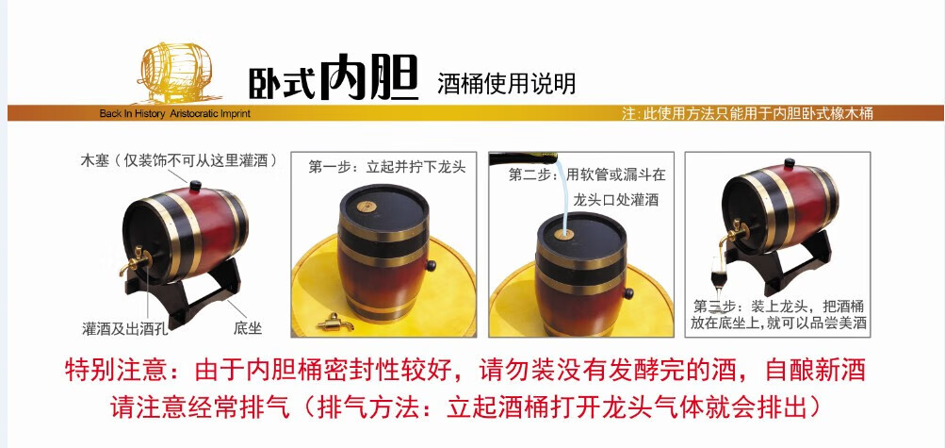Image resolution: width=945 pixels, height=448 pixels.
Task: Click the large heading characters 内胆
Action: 368,77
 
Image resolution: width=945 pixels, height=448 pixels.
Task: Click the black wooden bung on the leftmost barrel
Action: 195,186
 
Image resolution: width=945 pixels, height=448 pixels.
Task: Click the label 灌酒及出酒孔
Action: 124,328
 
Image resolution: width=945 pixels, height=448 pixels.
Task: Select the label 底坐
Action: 248,328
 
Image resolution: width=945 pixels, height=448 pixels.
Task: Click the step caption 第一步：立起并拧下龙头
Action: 387,167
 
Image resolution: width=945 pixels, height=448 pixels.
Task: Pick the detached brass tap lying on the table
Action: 334,323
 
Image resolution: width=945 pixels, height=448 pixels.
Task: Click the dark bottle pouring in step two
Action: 523,159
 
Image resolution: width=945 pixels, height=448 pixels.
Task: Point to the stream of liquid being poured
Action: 562,194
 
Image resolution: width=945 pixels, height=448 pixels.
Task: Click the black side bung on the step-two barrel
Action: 628,293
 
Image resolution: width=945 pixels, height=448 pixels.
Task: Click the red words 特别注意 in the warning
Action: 115,369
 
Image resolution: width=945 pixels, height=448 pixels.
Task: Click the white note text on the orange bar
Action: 747,113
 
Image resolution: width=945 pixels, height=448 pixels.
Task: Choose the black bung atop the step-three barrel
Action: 789,163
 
